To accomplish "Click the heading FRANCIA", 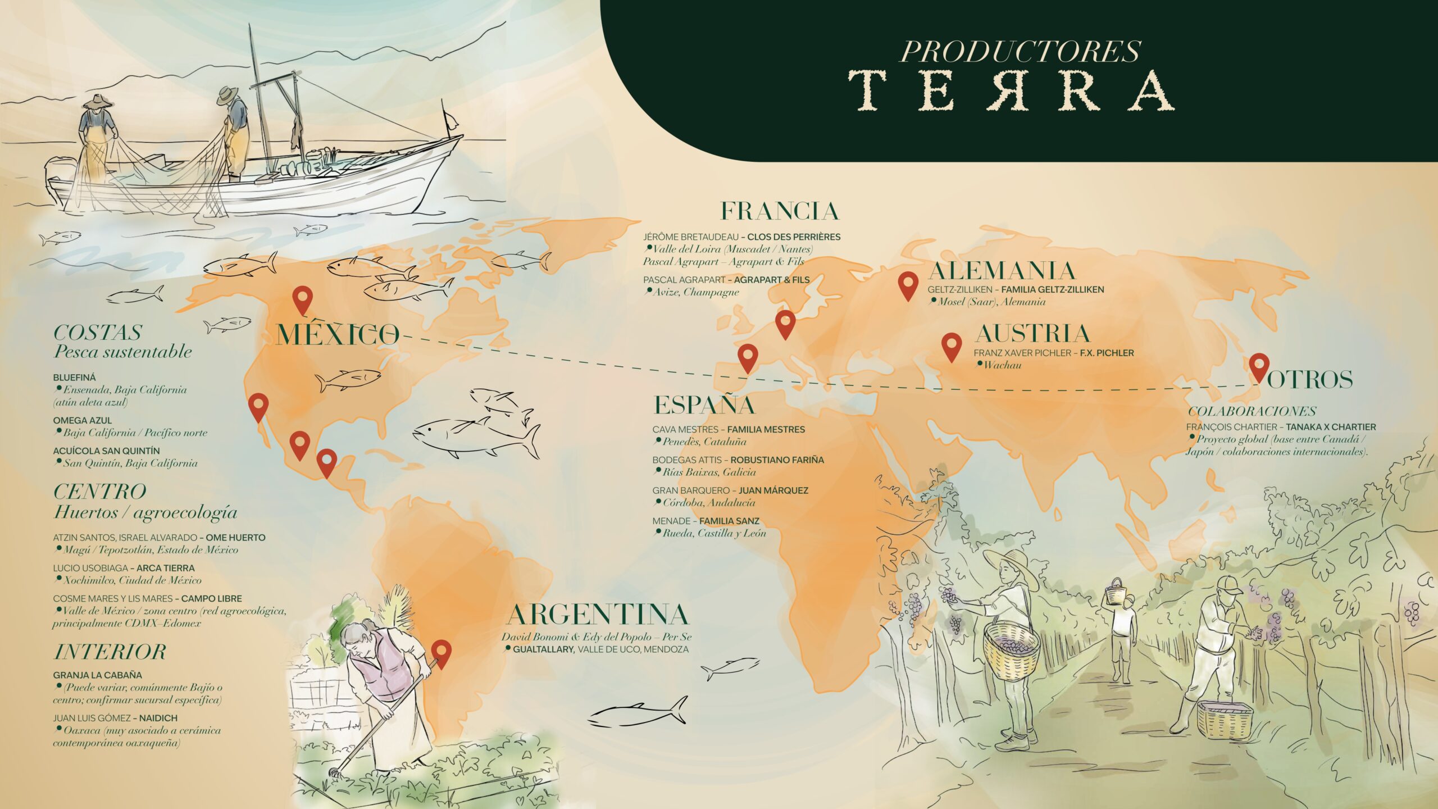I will pos(779,212).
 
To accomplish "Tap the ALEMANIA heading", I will pos(1002,271).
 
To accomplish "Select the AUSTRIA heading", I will pos(1032,334).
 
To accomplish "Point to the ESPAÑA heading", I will pos(704,405).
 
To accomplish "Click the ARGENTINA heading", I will pos(597,615).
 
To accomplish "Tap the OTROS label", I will pos(1309,380).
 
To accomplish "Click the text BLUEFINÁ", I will pos(74,378).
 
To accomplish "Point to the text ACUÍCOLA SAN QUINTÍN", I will pos(106,451).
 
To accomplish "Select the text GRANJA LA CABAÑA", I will pos(97,675).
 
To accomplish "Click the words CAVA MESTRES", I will pos(685,429).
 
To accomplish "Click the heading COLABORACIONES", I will pos(1252,411).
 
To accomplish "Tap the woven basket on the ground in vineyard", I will pos(1225,728).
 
